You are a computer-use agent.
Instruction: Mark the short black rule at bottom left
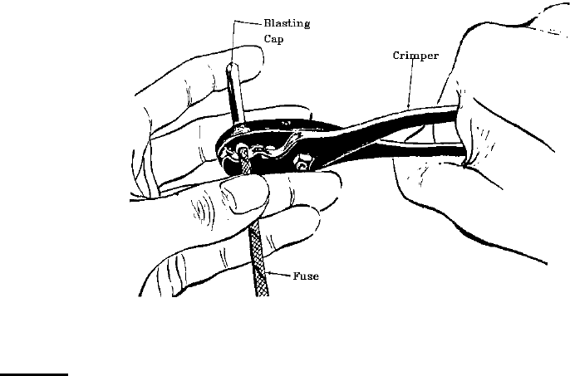pos(33,374)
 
